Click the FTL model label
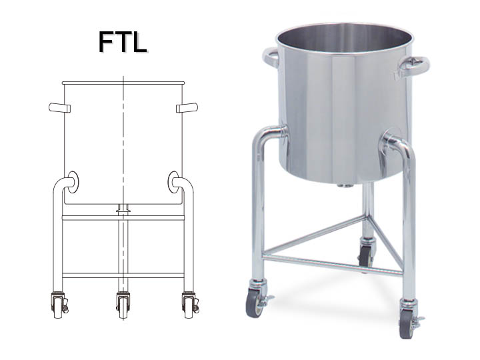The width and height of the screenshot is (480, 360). click(123, 41)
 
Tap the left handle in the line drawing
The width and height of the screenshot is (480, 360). click(59, 108)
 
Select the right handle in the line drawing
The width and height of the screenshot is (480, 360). click(187, 108)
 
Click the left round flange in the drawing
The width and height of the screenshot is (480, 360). click(72, 181)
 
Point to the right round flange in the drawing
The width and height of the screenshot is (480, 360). click(175, 181)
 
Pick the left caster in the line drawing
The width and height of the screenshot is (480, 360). click(59, 304)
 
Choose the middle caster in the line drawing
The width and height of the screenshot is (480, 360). click(123, 303)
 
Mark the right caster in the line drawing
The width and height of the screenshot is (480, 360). click(189, 304)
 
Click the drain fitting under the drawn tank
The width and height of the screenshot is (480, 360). click(123, 209)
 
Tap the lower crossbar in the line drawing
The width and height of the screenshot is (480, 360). click(123, 275)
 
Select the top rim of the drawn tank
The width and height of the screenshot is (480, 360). click(123, 83)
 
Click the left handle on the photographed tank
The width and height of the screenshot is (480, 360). click(270, 58)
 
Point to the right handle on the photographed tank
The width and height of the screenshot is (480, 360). click(414, 66)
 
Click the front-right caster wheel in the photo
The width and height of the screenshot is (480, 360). click(406, 326)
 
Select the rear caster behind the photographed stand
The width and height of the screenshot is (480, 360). click(365, 254)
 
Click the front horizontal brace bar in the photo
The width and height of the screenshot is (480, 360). click(332, 263)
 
